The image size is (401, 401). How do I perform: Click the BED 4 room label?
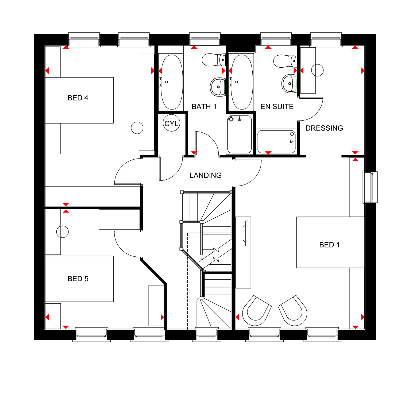coord(78,98)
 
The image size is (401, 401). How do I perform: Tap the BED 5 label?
coord(78,279)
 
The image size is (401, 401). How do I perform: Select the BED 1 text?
coord(329,245)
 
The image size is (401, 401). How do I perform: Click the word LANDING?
coord(206,175)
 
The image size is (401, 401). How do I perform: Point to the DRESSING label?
coord(324,128)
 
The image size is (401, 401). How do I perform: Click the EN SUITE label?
coord(277,107)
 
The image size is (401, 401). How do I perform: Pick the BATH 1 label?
coord(204,107)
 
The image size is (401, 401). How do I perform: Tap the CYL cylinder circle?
coord(171,123)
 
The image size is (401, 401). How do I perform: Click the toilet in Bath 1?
coord(213,60)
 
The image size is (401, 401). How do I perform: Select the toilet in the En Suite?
coord(284,61)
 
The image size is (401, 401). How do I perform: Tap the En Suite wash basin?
coord(289,84)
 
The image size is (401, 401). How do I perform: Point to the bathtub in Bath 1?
coord(172,82)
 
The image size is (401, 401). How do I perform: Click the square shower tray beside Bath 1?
coord(240,134)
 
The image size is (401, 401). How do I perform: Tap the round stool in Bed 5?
coord(63,232)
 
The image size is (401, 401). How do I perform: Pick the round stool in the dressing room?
coord(317,70)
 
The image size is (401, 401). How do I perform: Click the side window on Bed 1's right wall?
coord(370,187)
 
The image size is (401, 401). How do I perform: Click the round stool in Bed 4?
coord(137,128)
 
